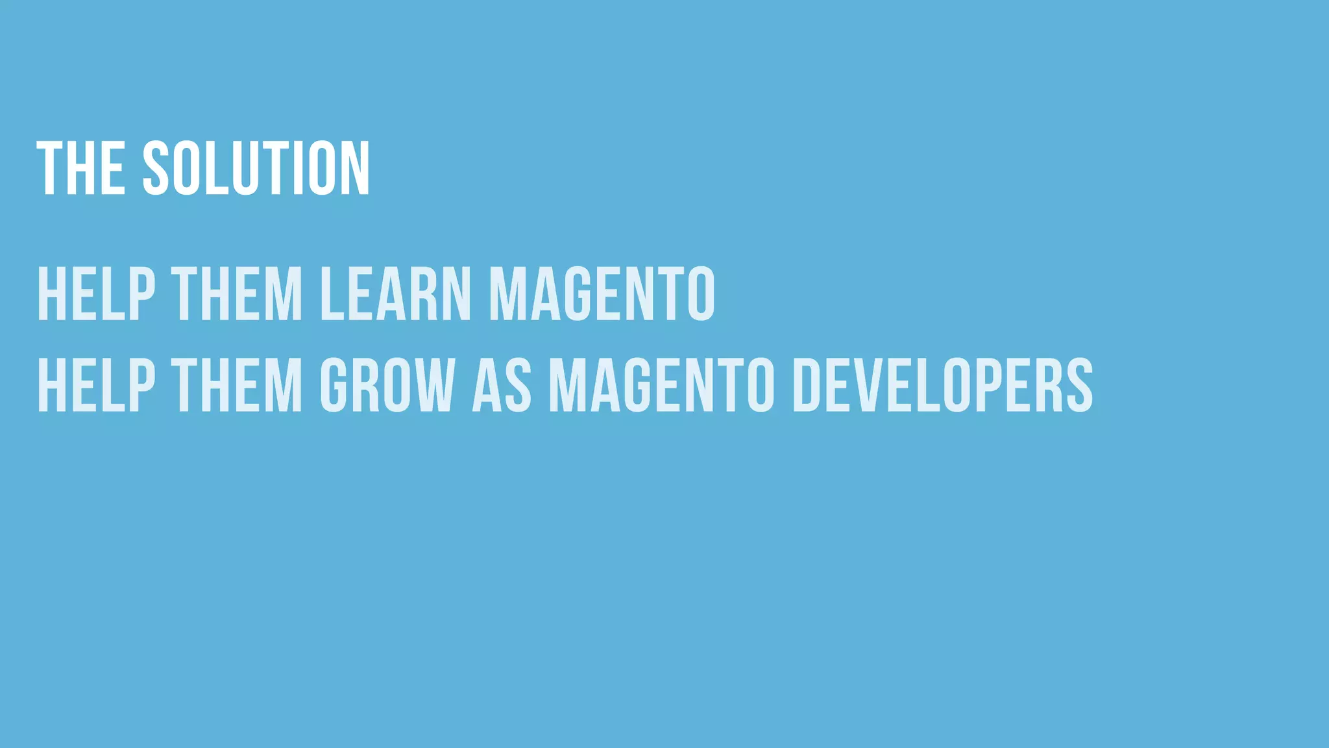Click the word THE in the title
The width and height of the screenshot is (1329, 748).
81,168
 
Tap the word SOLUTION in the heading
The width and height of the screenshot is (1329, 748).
256,168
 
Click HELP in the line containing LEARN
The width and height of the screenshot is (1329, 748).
97,293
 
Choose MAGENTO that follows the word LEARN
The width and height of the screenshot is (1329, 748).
602,293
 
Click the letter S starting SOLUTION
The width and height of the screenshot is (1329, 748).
156,168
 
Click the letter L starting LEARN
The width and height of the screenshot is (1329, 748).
330,293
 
